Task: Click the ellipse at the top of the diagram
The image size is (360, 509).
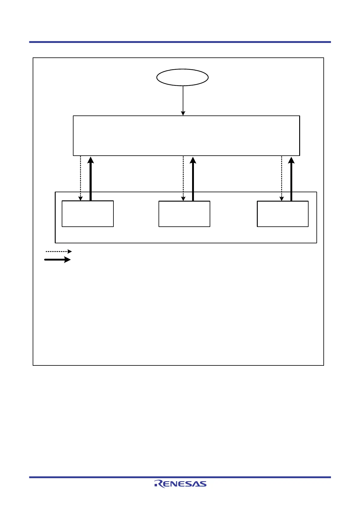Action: (182, 77)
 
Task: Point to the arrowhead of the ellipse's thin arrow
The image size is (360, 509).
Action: (183, 113)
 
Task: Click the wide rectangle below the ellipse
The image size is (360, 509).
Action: (186, 136)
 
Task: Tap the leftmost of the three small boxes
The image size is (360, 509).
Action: (87, 214)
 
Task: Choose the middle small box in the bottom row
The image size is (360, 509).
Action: (184, 214)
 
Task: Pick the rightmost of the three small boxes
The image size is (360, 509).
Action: (283, 214)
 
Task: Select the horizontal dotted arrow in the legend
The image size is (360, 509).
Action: (58, 251)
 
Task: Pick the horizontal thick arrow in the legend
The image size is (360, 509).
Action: (57, 260)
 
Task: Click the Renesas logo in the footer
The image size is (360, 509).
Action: (180, 484)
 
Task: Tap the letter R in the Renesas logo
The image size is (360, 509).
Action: (158, 484)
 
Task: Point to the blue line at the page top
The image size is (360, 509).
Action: (180, 42)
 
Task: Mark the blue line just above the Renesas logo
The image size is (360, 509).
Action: (180, 477)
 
